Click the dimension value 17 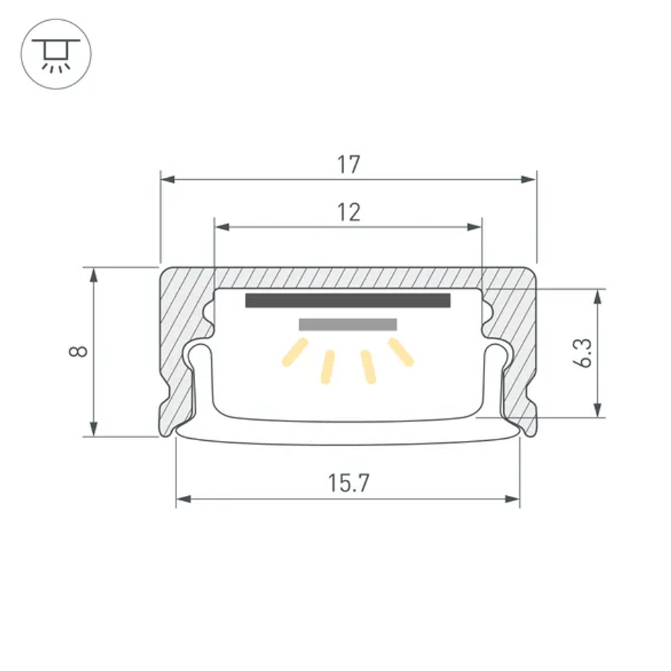349,164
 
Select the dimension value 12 349,212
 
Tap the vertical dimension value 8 80,351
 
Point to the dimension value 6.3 583,352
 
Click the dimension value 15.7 349,483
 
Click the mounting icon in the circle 56,55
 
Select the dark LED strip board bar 348,300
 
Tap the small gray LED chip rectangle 348,325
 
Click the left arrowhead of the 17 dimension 168,179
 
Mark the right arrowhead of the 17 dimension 529,179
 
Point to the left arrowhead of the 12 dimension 221,227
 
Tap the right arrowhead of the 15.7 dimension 513,499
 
